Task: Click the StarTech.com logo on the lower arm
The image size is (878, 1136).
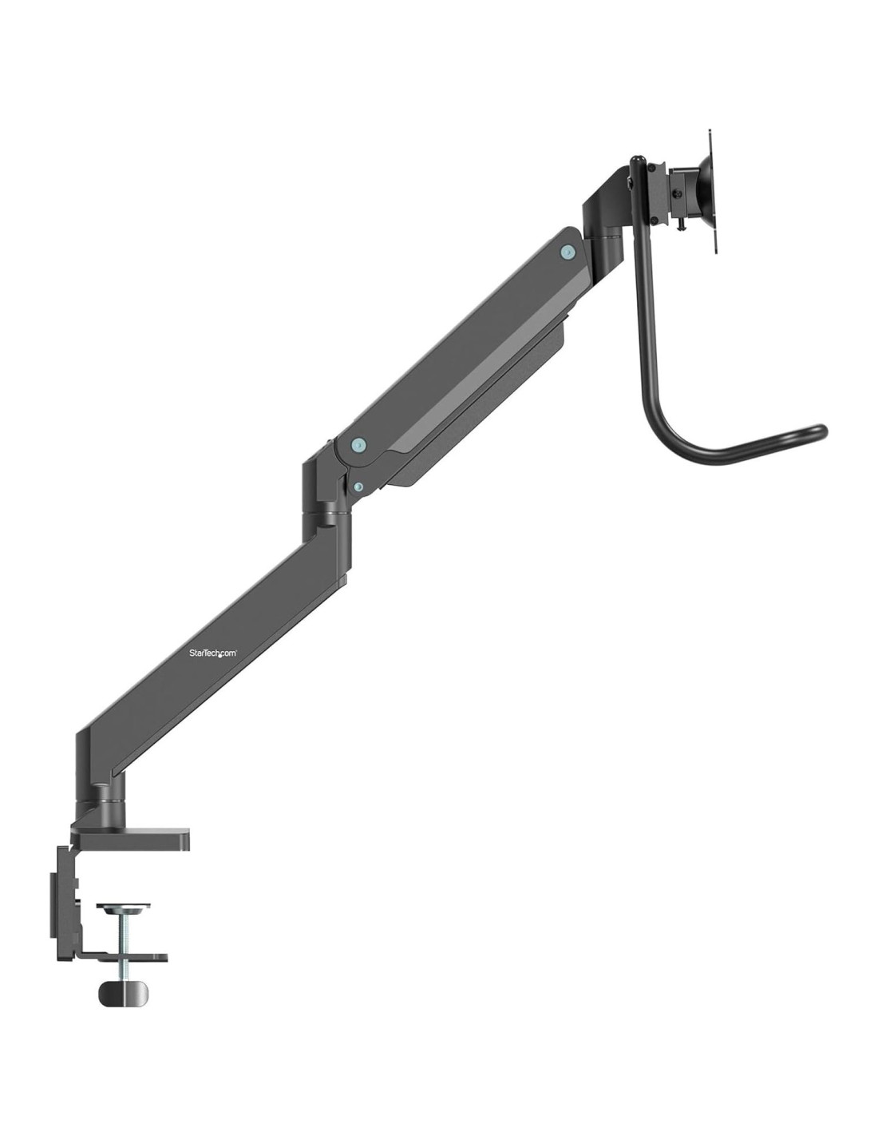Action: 213,653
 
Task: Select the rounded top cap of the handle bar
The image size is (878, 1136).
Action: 636,159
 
